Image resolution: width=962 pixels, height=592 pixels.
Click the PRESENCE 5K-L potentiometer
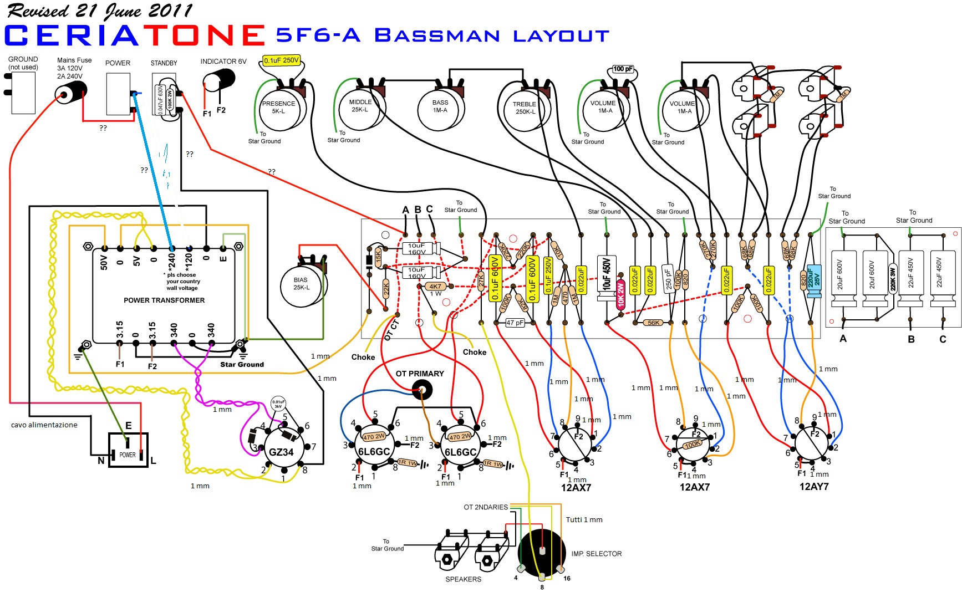tap(280, 109)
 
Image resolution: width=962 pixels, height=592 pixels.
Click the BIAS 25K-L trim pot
tap(302, 285)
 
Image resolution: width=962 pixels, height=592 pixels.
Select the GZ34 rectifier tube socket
tap(281, 450)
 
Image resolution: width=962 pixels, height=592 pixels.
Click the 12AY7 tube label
tap(813, 487)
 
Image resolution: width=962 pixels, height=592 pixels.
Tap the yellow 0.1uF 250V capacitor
tap(281, 60)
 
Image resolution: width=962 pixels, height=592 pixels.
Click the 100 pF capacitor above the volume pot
tap(623, 69)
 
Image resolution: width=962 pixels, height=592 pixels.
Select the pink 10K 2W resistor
tap(620, 293)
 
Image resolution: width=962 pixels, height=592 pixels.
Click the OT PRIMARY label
tap(420, 374)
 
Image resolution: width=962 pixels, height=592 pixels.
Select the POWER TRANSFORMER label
tap(164, 300)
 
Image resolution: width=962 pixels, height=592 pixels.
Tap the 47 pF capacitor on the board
tap(515, 323)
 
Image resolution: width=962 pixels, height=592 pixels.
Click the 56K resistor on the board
tap(654, 323)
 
